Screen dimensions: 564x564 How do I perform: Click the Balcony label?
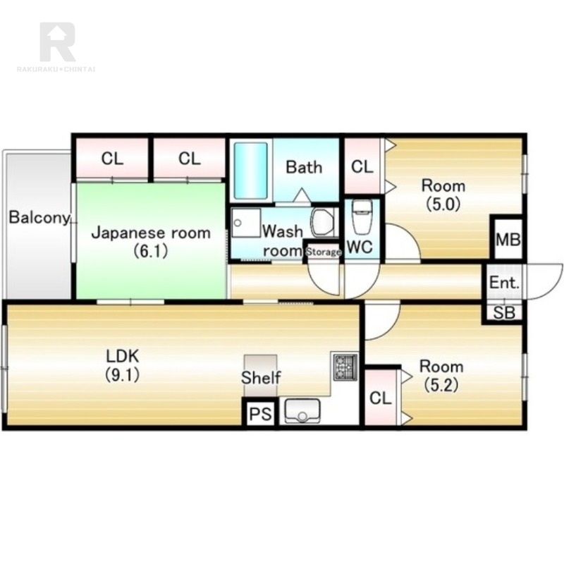coord(39,218)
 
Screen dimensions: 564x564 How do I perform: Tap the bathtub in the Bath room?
coord(251,171)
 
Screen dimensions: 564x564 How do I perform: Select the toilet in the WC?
coord(362,217)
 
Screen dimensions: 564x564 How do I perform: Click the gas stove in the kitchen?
coord(345,367)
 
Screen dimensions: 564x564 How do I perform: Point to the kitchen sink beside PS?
coord(302,410)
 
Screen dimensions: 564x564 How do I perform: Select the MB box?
coord(508,238)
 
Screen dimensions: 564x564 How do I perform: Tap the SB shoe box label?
coord(504,312)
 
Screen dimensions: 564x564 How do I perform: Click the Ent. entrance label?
coord(504,283)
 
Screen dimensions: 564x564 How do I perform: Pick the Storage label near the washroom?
coord(323,252)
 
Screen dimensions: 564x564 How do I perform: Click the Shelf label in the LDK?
coord(261,378)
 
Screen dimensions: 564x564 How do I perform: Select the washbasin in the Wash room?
coord(323,222)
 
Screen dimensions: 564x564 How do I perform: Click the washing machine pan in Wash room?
coord(245,222)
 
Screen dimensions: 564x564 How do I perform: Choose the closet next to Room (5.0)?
coord(362,166)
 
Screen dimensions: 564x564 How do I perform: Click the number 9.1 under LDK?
coord(122,375)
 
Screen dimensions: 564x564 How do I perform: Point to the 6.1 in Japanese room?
coord(151,251)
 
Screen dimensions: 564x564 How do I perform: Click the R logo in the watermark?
coord(58,42)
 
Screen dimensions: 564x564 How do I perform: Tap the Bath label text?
coord(304,167)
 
